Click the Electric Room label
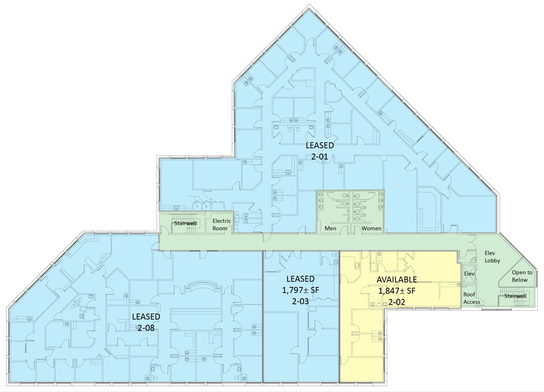pos(222,225)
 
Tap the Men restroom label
pos(330,228)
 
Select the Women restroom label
pos(371,228)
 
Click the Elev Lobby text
pos(492,257)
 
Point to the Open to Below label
pos(522,276)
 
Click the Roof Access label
pos(471,298)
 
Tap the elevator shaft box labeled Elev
pos(469,274)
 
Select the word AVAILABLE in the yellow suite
pos(396,280)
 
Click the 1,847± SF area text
pos(396,291)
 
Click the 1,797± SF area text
pos(300,290)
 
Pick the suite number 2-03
pos(300,301)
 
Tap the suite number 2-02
pos(396,302)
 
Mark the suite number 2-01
pos(320,156)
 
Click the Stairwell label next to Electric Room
pos(185,223)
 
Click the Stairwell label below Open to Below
pos(515,296)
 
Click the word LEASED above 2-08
pos(146,316)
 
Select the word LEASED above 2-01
pos(320,145)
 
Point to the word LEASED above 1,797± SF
pos(300,279)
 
